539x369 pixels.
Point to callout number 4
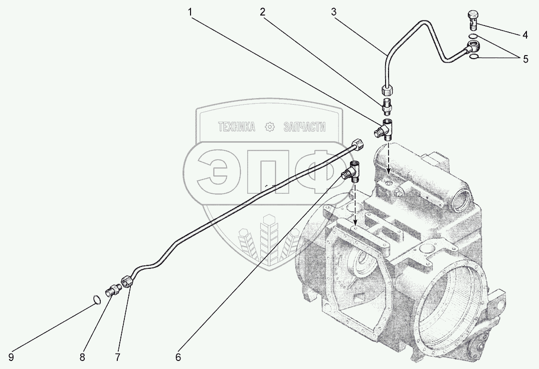click(524, 35)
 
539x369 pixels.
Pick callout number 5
click(525, 59)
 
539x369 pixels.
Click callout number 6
click(178, 357)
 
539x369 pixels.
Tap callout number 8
click(83, 357)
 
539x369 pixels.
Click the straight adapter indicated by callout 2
click(387, 106)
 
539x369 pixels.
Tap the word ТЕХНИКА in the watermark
click(236, 128)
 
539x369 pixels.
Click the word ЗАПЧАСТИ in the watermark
click(304, 128)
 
